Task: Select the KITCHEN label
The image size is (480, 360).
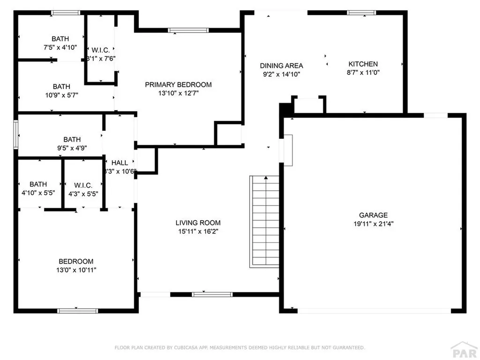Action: pos(363,64)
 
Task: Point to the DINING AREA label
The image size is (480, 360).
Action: pos(281,66)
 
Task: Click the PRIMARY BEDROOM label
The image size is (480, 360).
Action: pos(178,85)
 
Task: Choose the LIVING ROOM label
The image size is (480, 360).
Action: pos(198,223)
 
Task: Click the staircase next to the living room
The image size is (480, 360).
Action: pos(264,221)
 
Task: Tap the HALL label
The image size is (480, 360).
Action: pos(120,163)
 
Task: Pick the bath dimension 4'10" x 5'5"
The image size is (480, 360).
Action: pos(38,193)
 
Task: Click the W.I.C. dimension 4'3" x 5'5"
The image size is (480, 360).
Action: pos(83,193)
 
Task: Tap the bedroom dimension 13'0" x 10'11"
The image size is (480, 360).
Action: pos(75,270)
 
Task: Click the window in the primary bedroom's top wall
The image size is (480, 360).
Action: pos(188,30)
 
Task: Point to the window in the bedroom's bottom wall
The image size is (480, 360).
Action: pos(77,310)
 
